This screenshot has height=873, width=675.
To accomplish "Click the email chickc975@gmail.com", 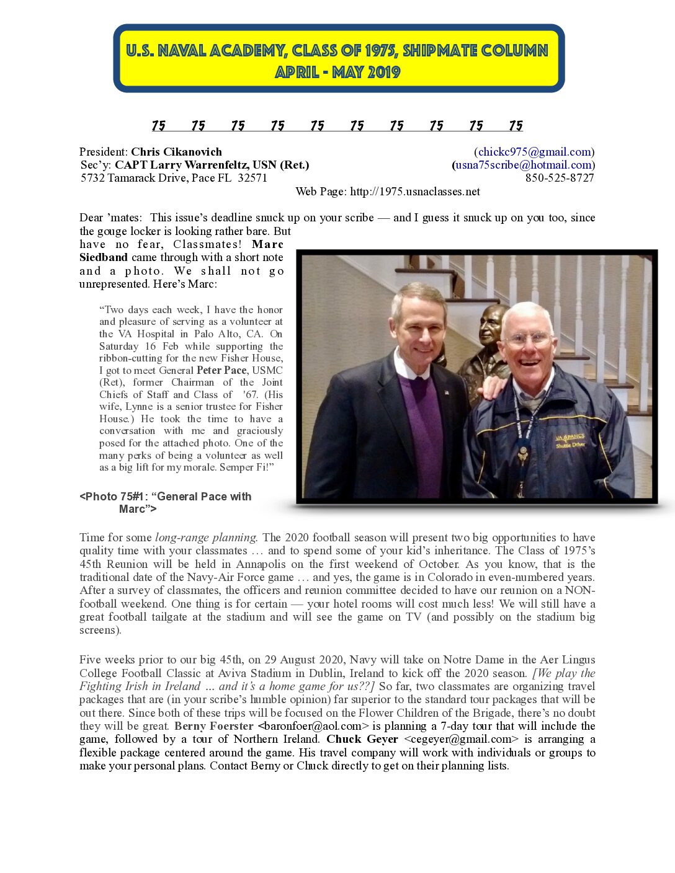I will click(x=534, y=152).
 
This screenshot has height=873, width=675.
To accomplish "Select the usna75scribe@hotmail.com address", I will click(x=523, y=165).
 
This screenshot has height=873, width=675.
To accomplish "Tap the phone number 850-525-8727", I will click(x=560, y=178).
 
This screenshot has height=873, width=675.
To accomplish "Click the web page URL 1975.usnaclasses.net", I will click(x=414, y=192).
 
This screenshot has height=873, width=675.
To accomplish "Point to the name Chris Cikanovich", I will click(x=176, y=152).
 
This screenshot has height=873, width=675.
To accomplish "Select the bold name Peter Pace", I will click(x=221, y=370).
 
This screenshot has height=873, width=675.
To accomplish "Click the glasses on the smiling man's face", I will click(x=527, y=339).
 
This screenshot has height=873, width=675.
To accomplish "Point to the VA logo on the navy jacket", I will click(x=569, y=439).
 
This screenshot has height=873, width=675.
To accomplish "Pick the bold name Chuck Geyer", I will click(x=362, y=739).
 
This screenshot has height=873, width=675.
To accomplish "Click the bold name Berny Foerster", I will click(x=214, y=726).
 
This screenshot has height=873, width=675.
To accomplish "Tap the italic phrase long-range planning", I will click(x=206, y=538).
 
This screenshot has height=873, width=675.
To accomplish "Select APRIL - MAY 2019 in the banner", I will click(x=338, y=72).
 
